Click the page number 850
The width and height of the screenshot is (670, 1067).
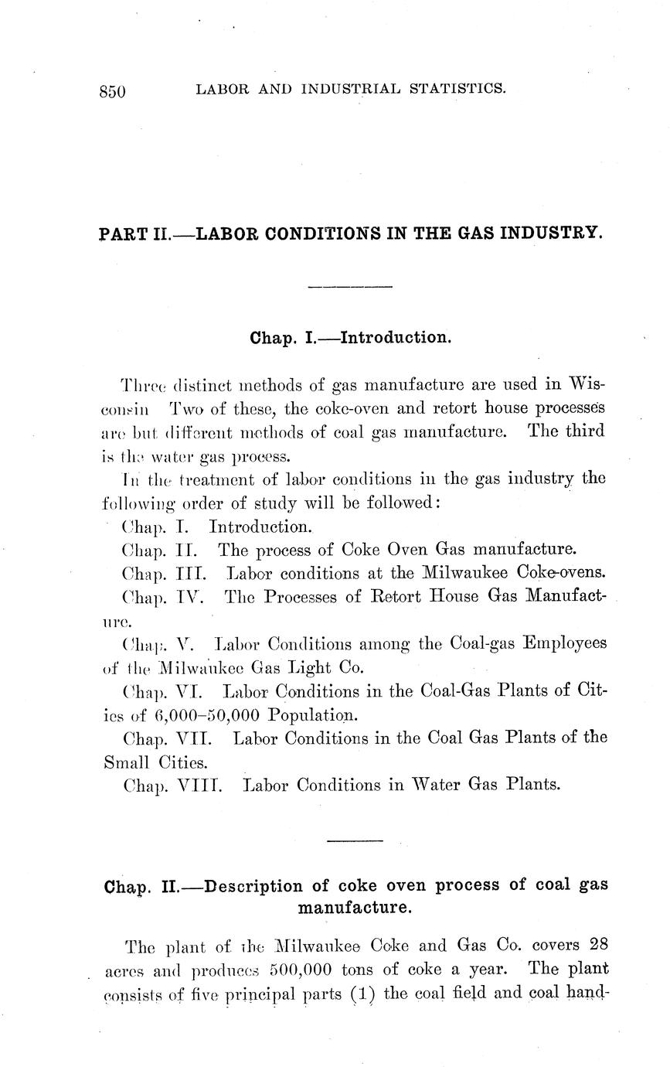[112, 91]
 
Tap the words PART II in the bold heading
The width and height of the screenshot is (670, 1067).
[134, 232]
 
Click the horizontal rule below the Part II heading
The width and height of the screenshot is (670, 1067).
[350, 288]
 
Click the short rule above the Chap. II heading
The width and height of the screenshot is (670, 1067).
[355, 840]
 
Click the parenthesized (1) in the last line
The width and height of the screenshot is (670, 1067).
[364, 993]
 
